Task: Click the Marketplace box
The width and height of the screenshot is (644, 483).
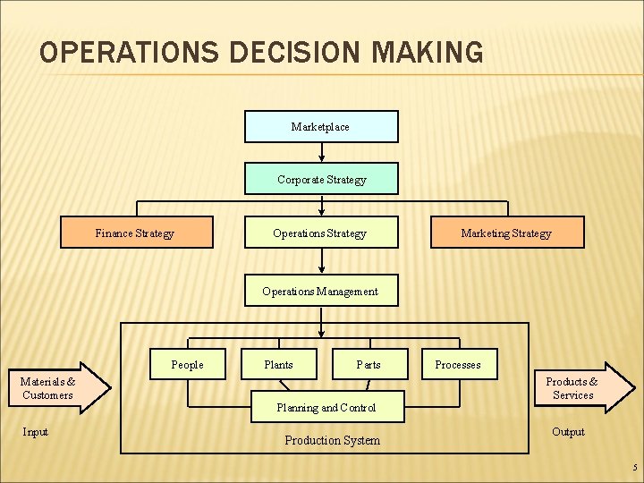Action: tap(321, 127)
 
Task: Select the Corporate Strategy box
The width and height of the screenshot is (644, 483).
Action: tap(321, 179)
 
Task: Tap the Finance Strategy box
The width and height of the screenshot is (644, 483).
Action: tap(136, 233)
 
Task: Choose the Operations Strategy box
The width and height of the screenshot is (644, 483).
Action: tap(321, 233)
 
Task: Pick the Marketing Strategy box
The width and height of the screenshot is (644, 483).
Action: tap(507, 233)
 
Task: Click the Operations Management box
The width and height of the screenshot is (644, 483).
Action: tap(321, 291)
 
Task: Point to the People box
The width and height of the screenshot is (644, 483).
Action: tap(188, 365)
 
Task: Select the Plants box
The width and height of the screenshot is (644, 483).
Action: tap(279, 365)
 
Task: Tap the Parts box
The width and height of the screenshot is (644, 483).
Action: tap(369, 365)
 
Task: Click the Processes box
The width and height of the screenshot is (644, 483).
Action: tap(458, 365)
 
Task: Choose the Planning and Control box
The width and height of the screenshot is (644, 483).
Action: tap(326, 407)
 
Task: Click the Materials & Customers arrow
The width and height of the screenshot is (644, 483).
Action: tap(58, 388)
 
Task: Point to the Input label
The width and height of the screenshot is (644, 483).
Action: tap(36, 432)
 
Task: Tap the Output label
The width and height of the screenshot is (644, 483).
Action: tap(568, 432)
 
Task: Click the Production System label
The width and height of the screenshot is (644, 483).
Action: tap(332, 440)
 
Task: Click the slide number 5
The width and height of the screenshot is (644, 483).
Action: tap(634, 468)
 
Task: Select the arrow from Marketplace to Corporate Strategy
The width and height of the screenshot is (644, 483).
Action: tap(322, 152)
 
